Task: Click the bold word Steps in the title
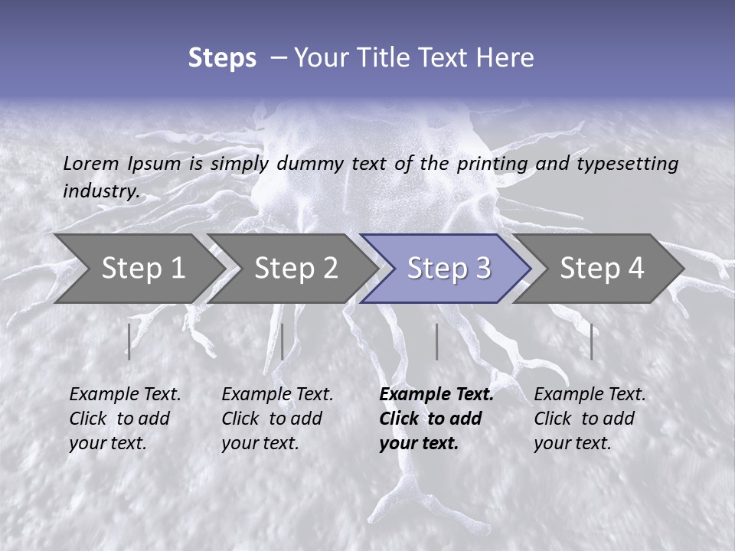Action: pyautogui.click(x=222, y=58)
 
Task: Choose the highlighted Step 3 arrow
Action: pyautogui.click(x=449, y=268)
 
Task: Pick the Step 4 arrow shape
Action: pyautogui.click(x=602, y=268)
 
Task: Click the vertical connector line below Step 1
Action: pyautogui.click(x=129, y=341)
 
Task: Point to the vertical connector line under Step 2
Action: pyautogui.click(x=283, y=341)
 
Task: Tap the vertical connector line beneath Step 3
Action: pyautogui.click(x=436, y=341)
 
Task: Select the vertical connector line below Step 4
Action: pyautogui.click(x=591, y=341)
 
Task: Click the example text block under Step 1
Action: pyautogui.click(x=124, y=419)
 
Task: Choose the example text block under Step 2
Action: pyautogui.click(x=276, y=419)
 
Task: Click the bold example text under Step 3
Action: pyautogui.click(x=435, y=419)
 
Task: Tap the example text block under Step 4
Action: pyautogui.click(x=589, y=419)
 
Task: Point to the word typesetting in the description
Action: pyautogui.click(x=627, y=164)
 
